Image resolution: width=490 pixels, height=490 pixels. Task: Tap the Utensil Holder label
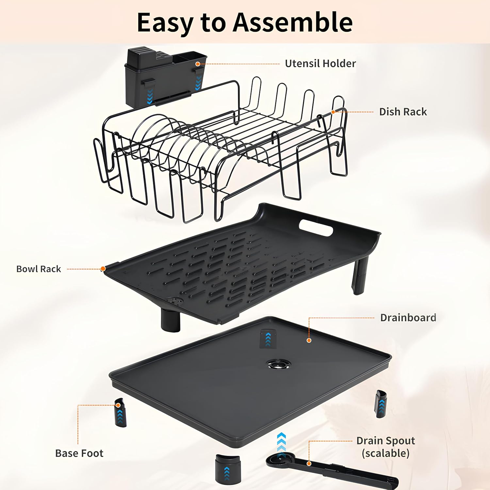click(320, 63)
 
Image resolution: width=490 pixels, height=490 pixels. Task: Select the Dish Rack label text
click(403, 112)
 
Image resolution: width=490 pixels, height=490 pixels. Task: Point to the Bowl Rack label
click(39, 269)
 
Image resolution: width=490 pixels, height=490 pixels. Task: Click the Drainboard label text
click(408, 318)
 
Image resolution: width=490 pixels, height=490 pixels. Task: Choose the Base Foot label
click(79, 453)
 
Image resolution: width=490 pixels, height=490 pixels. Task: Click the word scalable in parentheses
click(385, 453)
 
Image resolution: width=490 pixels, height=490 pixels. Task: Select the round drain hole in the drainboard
click(278, 364)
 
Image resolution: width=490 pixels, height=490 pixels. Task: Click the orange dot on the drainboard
click(309, 340)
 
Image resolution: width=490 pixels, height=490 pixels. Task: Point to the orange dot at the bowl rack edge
click(103, 269)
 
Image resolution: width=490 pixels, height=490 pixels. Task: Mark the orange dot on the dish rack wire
click(333, 112)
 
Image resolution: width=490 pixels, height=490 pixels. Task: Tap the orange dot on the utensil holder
click(197, 64)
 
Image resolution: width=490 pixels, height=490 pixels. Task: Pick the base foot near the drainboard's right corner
click(381, 404)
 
